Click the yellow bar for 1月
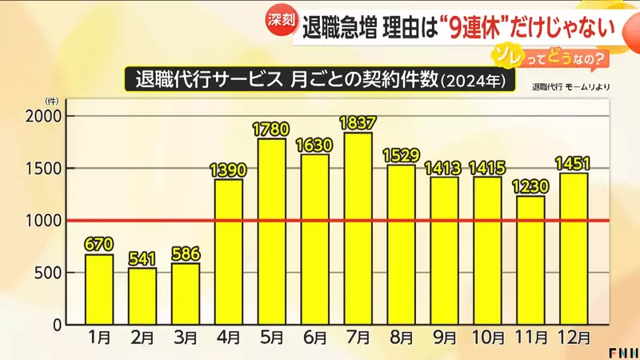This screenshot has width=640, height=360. (x=99, y=290)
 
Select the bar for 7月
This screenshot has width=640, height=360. (x=358, y=229)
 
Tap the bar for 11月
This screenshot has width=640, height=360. (x=530, y=261)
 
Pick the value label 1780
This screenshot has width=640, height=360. (x=272, y=128)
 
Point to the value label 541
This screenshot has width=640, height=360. (x=142, y=258)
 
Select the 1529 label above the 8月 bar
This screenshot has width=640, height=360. (x=401, y=154)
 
